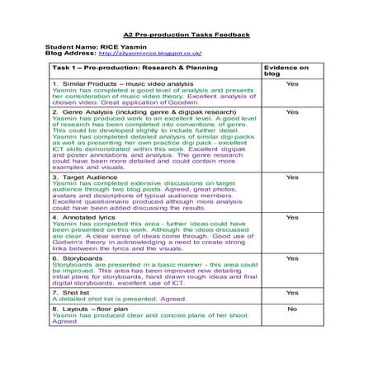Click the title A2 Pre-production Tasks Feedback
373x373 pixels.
tap(186, 35)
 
